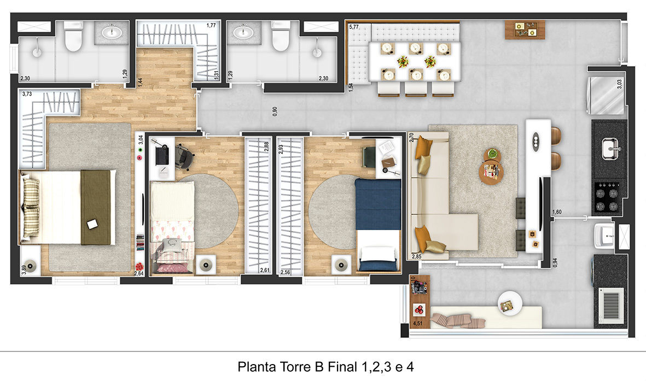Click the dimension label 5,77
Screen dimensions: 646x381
pos(354,27)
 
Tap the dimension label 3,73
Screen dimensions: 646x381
pos(27,94)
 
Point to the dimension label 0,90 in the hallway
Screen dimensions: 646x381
pos(275,111)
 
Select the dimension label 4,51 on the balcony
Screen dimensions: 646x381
pos(418,324)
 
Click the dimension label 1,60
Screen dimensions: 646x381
pos(557,212)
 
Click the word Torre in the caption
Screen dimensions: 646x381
pos(296,366)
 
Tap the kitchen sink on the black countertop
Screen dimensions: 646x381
pos(610,149)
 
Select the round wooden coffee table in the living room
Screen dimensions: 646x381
pos(491,173)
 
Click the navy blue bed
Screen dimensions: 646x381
pos(378,225)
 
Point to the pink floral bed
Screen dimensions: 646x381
pos(172,228)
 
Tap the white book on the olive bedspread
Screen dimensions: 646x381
pos(92,224)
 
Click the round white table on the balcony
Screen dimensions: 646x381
pos(510,304)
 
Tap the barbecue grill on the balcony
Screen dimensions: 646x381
pos(610,305)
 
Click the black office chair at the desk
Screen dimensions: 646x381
pos(184,157)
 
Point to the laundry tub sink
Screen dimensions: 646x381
pos(603,236)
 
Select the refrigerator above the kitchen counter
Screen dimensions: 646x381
pos(606,96)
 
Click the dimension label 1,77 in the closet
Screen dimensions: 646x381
pos(211,26)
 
